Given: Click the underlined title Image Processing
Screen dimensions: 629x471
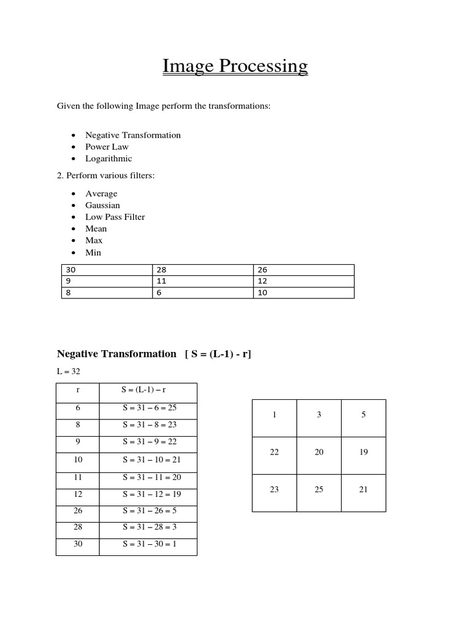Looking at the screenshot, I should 235,66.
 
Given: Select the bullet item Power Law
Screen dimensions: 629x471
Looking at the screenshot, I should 107,147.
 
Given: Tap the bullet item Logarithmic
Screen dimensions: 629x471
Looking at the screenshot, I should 109,158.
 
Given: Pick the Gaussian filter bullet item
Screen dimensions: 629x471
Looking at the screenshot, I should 102,205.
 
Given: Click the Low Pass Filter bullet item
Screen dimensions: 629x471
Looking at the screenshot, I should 115,217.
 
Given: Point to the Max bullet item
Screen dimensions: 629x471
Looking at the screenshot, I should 94,240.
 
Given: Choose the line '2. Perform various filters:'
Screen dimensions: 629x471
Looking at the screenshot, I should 105,176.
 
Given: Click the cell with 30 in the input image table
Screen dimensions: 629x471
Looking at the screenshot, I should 106,270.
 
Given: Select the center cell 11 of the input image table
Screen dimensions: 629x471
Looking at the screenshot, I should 202,281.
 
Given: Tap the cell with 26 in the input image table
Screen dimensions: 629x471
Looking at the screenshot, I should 304,270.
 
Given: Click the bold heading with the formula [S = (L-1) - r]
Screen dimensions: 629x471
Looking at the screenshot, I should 154,354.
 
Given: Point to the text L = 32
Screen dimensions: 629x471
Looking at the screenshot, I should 68,372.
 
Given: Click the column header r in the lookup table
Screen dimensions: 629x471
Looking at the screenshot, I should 78,389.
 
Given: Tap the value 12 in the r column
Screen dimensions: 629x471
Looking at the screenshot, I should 78,494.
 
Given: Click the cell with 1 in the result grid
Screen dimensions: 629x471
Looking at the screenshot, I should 274,415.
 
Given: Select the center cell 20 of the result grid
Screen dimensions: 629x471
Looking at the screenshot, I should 319,452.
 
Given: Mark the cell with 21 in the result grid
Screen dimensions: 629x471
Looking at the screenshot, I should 363,490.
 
